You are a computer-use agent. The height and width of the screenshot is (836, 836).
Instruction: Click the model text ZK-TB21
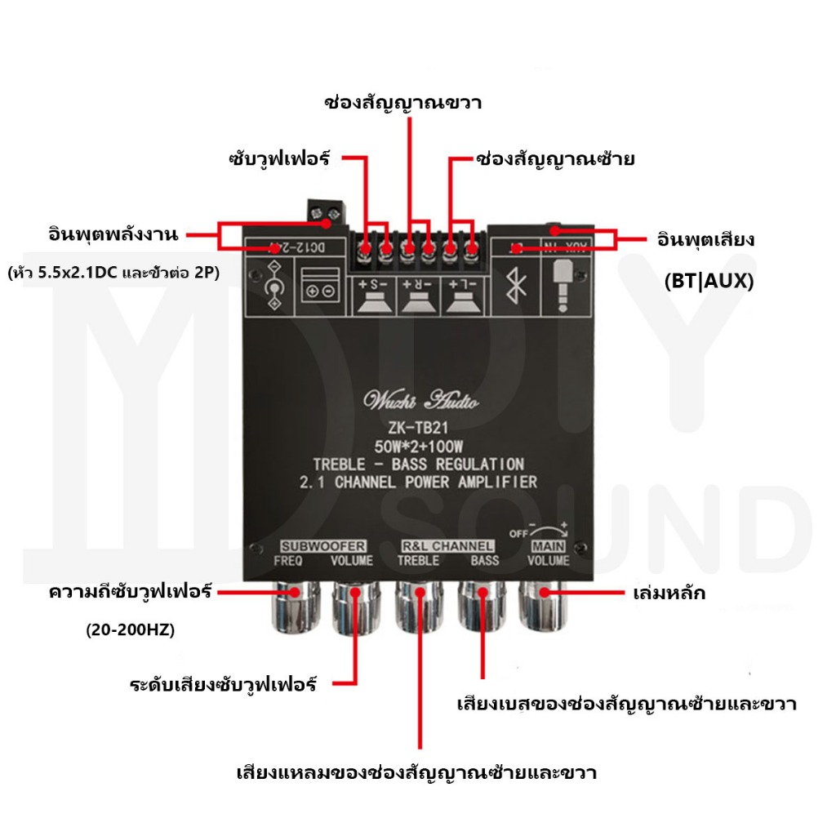pyautogui.click(x=418, y=429)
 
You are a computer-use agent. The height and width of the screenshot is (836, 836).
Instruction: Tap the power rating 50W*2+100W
pyautogui.click(x=418, y=447)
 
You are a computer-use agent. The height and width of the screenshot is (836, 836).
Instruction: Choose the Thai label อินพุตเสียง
pyautogui.click(x=705, y=240)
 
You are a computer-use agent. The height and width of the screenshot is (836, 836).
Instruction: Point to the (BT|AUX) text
pyautogui.click(x=709, y=282)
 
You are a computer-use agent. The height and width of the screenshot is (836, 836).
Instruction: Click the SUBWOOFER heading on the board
pyautogui.click(x=322, y=545)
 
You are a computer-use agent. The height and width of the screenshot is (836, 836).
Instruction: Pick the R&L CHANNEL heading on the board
pyautogui.click(x=447, y=545)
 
